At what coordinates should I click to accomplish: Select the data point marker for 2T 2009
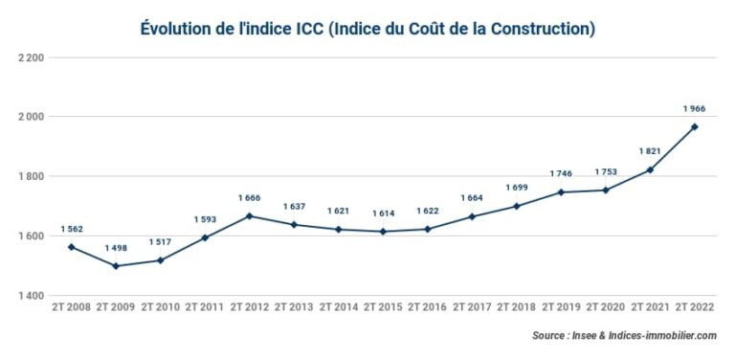[115, 266]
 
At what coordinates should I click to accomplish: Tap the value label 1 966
[695, 109]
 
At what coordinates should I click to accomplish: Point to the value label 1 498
[115, 249]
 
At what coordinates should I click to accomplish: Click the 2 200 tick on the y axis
[31, 57]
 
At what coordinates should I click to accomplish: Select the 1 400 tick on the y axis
[31, 296]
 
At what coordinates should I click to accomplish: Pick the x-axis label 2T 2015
[383, 308]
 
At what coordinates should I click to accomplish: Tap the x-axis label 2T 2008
[71, 308]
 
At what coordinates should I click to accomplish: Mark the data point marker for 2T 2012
[249, 215]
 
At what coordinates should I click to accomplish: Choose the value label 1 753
[605, 172]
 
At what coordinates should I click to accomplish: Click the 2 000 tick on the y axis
[31, 117]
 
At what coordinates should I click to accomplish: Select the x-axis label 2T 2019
[561, 308]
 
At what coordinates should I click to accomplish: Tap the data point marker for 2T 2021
[650, 169]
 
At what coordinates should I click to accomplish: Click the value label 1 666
[249, 198]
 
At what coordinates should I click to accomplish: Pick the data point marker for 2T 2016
[427, 229]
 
